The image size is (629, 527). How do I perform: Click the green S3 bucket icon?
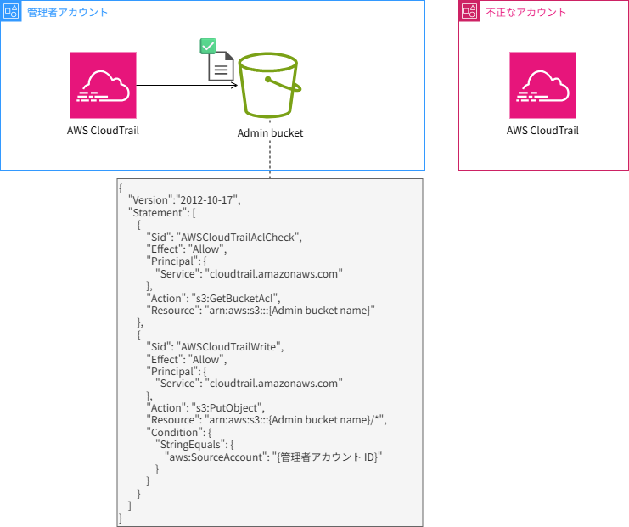pyautogui.click(x=270, y=86)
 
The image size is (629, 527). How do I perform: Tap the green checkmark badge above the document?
pyautogui.click(x=206, y=47)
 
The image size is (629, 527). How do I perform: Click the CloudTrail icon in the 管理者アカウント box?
pyautogui.click(x=103, y=85)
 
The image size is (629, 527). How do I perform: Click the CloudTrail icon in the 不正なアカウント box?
pyautogui.click(x=542, y=85)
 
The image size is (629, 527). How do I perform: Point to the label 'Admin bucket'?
pyautogui.click(x=270, y=133)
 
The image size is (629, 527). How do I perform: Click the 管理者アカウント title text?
pyautogui.click(x=68, y=13)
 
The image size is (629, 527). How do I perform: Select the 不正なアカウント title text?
pyautogui.click(x=526, y=13)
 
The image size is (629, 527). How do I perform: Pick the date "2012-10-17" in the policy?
pyautogui.click(x=207, y=199)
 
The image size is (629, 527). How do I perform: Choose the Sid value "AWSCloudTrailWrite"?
pyautogui.click(x=228, y=347)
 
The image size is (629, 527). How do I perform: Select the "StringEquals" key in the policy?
pyautogui.click(x=193, y=445)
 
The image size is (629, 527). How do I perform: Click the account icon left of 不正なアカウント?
pyautogui.click(x=469, y=12)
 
